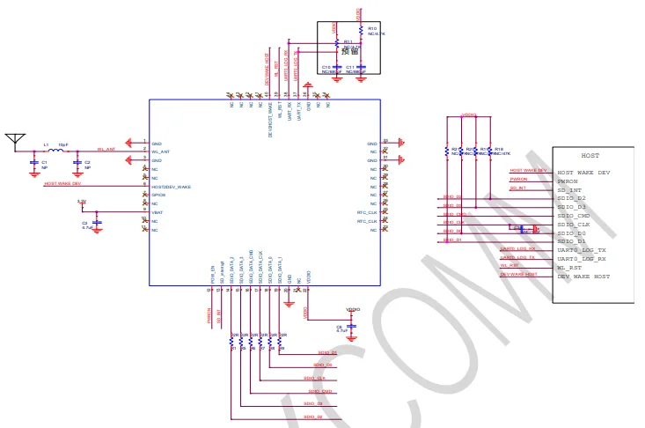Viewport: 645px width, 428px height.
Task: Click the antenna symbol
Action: [x=13, y=139]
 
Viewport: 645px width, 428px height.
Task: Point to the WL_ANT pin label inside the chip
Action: [x=160, y=151]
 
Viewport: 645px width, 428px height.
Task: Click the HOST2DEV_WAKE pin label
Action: [x=171, y=187]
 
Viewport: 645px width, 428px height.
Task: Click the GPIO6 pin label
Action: [x=158, y=196]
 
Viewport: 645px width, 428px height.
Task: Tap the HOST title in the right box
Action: [x=590, y=155]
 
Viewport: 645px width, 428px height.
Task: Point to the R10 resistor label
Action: [x=372, y=28]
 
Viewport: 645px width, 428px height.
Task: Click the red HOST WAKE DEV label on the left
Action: [x=62, y=183]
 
